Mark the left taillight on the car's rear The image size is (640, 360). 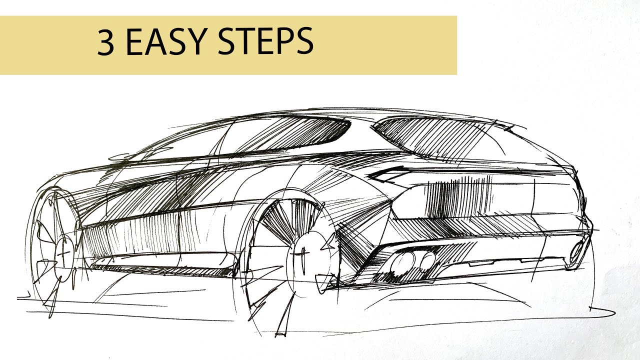pyautogui.click(x=387, y=174)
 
